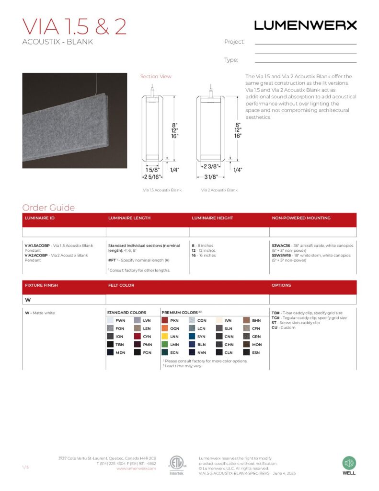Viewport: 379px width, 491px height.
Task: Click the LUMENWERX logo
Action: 305,25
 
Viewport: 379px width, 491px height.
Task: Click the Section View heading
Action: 155,76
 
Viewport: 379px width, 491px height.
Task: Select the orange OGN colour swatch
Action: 164,328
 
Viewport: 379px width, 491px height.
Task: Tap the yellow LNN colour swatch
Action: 164,337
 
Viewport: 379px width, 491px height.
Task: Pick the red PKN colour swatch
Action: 164,320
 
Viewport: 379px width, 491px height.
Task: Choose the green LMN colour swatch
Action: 164,344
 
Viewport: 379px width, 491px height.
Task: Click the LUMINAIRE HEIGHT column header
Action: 212,218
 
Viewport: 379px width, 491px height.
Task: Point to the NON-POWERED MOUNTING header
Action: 301,218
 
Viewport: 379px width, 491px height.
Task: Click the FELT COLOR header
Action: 121,285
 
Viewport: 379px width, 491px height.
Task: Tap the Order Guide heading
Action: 48,208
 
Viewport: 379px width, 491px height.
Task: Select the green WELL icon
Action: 349,463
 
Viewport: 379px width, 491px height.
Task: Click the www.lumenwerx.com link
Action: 136,468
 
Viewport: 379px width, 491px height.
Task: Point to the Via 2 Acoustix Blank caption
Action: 219,190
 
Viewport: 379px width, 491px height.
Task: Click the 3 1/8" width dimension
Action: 210,177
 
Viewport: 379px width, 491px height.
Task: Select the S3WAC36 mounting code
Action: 281,245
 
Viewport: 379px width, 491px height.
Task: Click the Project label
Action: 234,42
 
